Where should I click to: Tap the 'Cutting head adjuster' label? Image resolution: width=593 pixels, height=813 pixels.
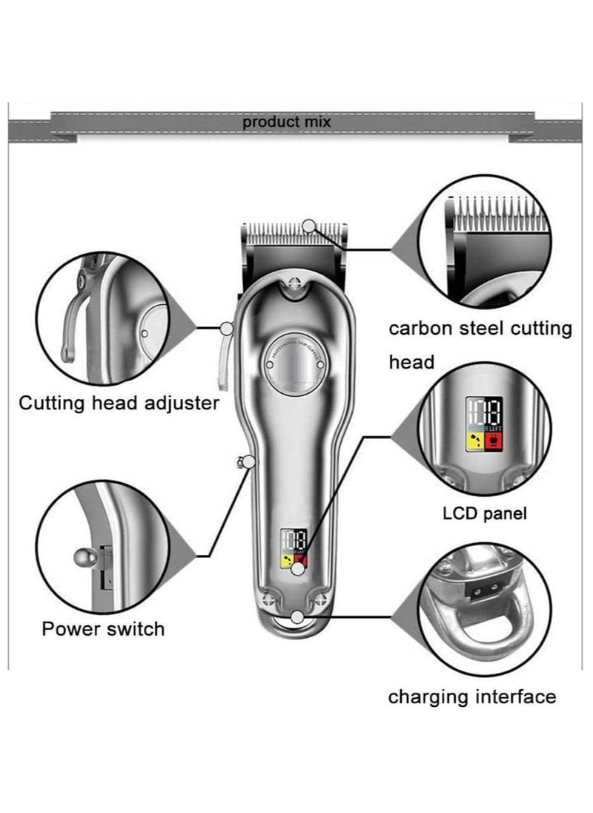tap(119, 404)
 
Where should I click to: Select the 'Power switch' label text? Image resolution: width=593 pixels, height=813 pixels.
tap(103, 629)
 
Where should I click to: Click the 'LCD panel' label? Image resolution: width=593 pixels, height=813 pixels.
tap(485, 513)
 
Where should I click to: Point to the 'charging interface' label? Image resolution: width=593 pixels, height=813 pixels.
tap(471, 697)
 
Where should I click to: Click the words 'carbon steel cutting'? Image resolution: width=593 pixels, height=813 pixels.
tap(481, 328)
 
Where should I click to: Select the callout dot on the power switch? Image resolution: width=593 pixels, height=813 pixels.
tap(248, 462)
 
